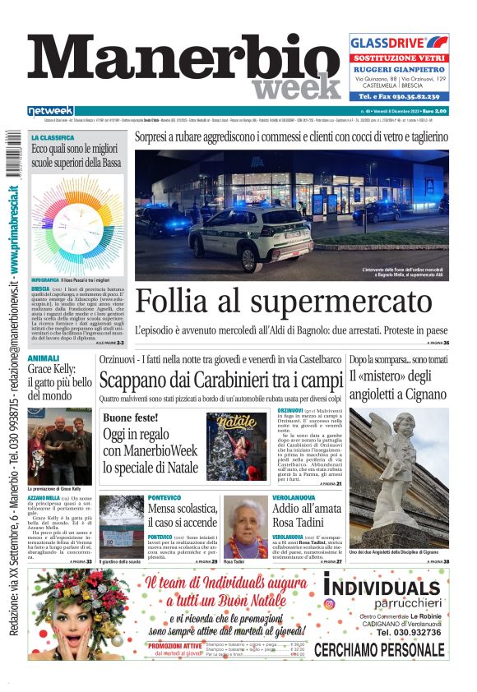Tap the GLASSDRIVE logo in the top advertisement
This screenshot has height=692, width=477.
tap(398, 43)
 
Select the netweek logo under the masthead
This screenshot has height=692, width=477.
tap(50, 111)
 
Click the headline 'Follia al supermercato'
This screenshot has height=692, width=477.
tap(284, 302)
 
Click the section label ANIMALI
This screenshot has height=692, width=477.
tap(43, 359)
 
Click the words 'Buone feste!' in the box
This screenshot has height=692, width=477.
tap(130, 418)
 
